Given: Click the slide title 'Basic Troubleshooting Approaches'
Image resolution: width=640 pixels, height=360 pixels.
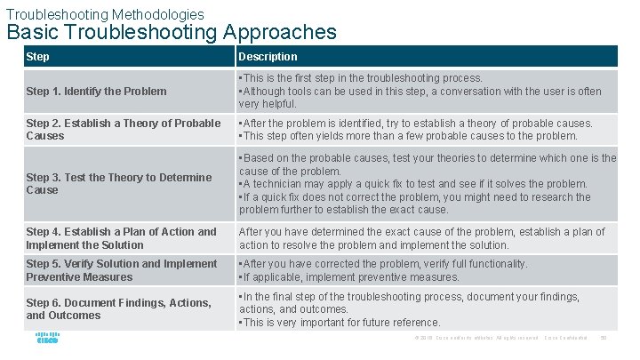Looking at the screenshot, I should pos(172,33).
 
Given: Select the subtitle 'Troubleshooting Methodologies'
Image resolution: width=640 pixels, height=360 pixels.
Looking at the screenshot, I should pos(105,14).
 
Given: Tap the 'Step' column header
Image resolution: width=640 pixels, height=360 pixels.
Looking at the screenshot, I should pos(38,57).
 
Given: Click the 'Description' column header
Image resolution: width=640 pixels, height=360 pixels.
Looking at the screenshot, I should pos(268,57).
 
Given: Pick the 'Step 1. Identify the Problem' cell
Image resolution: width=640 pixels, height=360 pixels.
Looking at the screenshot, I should pos(96,91).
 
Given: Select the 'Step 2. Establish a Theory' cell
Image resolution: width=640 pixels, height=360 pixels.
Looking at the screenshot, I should pos(123,130).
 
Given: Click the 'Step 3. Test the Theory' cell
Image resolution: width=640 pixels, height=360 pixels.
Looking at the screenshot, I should pos(119,183).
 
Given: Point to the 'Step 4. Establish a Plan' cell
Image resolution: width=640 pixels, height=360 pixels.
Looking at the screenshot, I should pos(121,238).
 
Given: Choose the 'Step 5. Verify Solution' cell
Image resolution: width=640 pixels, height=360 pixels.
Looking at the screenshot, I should pos(121,270).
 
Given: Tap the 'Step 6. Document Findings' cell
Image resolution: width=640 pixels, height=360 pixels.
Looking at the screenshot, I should pos(118,309).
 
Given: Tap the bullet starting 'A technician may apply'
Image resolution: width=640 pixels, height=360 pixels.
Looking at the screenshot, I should pos(413,184).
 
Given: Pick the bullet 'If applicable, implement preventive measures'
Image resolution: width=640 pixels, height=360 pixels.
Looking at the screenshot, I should pos(348,277).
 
